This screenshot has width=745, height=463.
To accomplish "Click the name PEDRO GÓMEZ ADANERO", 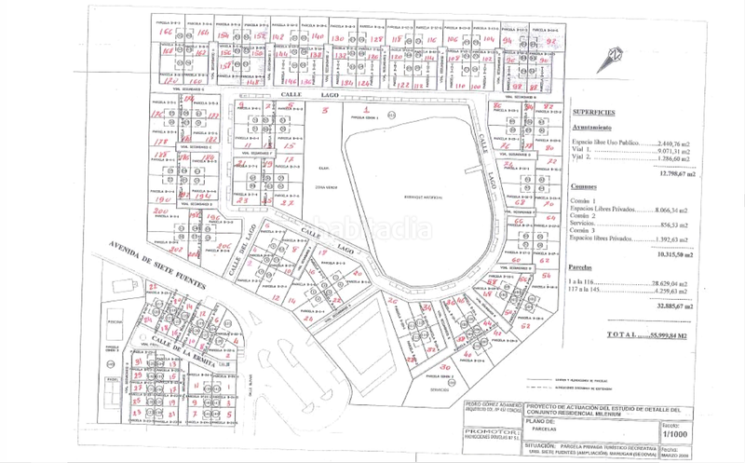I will pos(491,402).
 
